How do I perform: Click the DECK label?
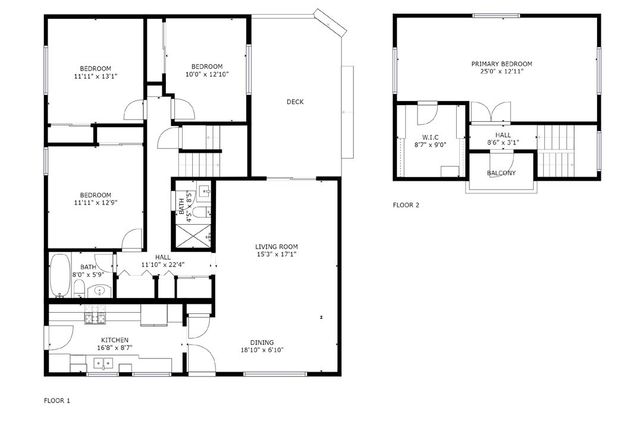[295, 101]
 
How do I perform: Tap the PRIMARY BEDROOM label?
[502, 64]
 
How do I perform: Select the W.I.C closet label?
[430, 138]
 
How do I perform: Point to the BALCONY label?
[501, 173]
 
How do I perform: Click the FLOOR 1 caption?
[57, 400]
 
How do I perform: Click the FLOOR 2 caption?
[406, 205]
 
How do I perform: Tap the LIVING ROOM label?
[276, 246]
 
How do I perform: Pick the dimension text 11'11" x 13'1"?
[96, 75]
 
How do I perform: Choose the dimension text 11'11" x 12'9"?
[96, 202]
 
